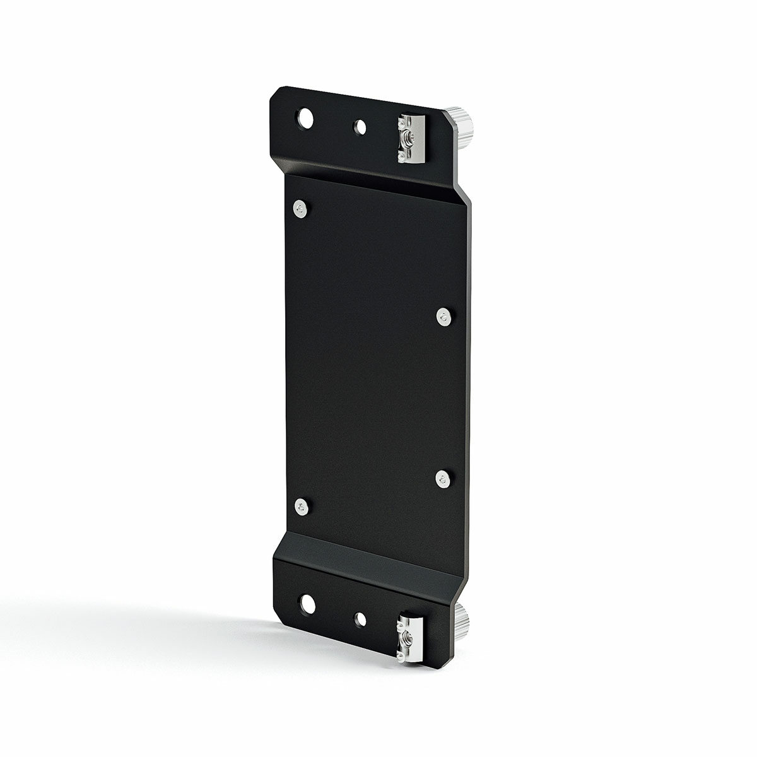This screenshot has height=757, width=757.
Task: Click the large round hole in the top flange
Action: click(x=307, y=118)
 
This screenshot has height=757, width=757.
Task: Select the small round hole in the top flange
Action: click(x=360, y=128)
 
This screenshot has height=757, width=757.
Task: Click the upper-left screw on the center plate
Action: click(x=301, y=209)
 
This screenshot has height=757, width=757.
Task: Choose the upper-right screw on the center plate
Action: click(x=445, y=317)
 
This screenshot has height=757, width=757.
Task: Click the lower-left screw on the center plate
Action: click(x=302, y=506)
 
